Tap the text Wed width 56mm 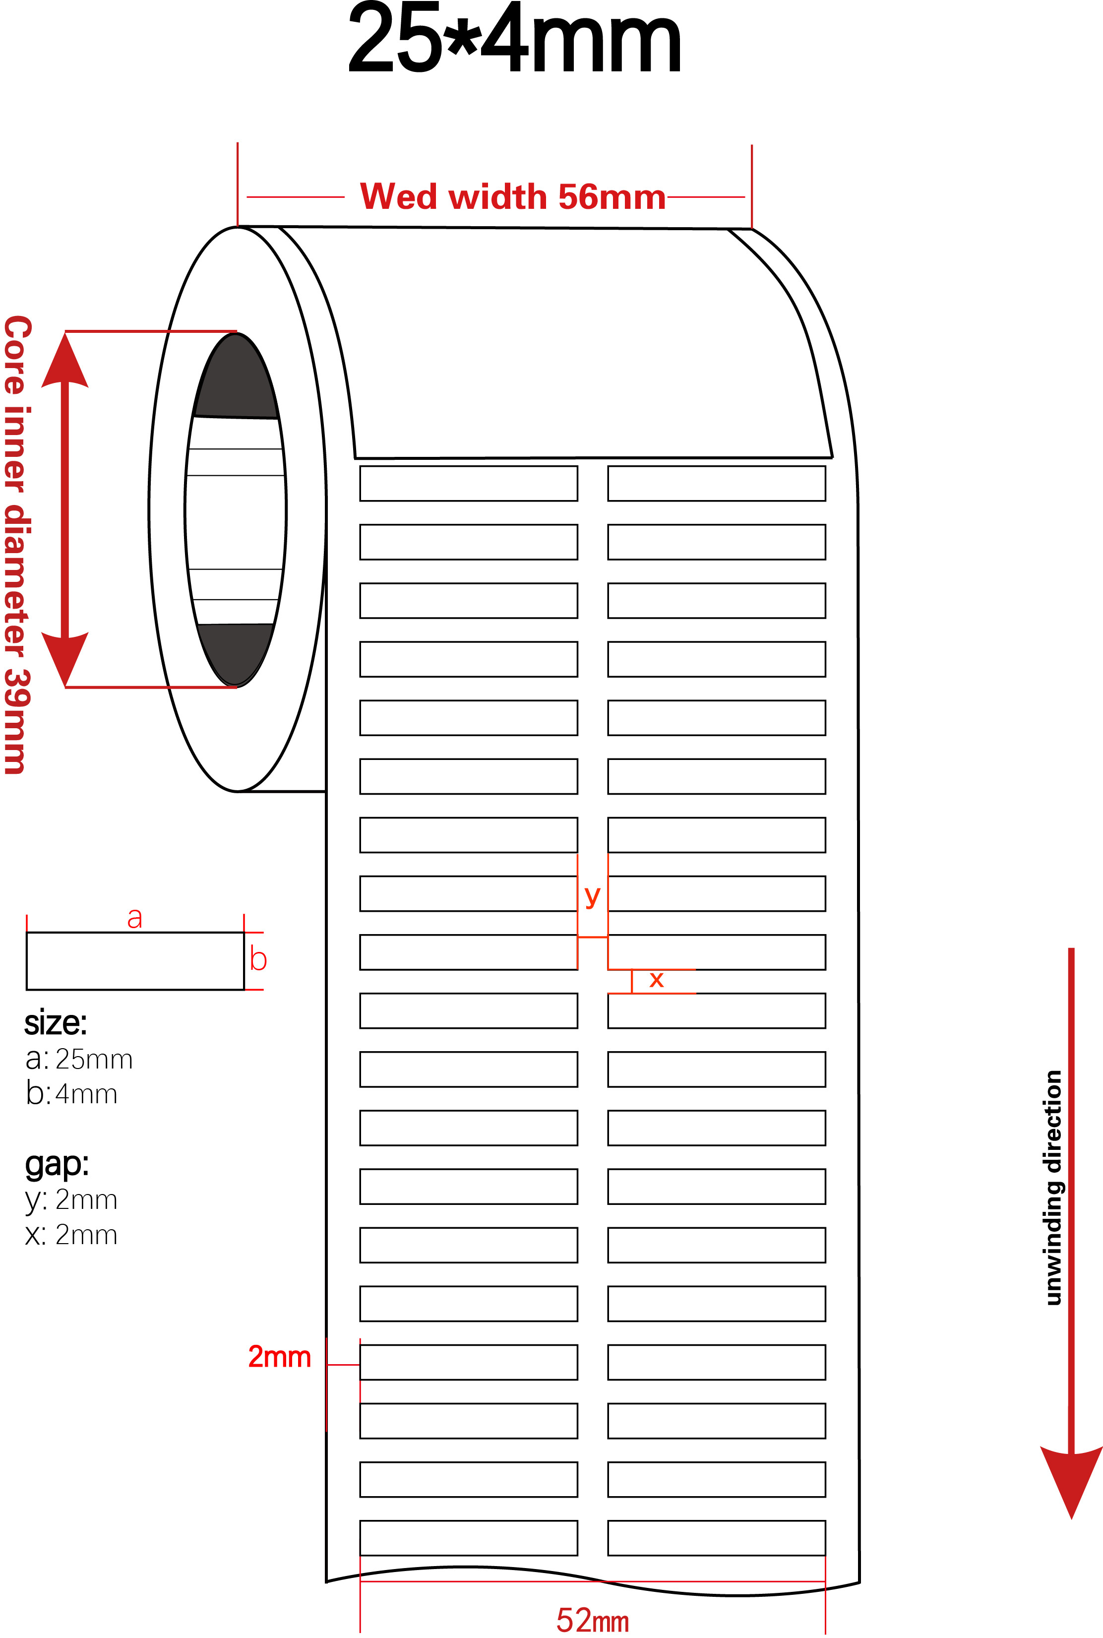coord(513,196)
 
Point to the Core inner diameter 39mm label coord(17,545)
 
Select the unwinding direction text coord(1052,1188)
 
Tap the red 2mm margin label coord(279,1357)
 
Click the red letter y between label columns coord(592,896)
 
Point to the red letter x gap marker coord(656,979)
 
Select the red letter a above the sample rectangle coord(134,918)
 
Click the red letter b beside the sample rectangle coord(258,959)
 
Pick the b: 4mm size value coord(71,1093)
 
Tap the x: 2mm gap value coord(71,1235)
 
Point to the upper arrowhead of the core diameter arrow coord(64,360)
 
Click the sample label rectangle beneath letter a coord(135,961)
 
